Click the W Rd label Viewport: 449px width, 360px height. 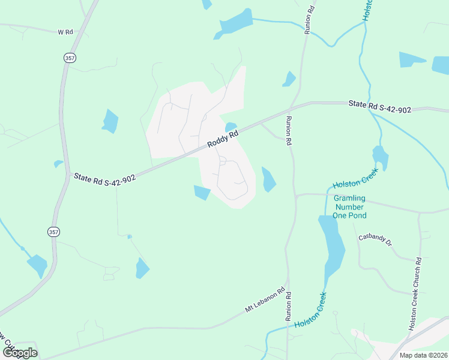coord(65,31)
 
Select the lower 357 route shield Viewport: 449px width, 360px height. coord(53,232)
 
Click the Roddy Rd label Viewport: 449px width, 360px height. coord(223,139)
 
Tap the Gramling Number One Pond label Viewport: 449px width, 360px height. coord(349,206)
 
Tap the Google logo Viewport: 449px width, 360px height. coord(19,352)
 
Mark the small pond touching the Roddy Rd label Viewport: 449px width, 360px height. coord(231,127)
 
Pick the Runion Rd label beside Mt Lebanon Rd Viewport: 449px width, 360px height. coord(288,305)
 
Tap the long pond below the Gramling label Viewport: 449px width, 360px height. coord(331,246)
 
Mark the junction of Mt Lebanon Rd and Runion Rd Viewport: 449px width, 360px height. coord(287,278)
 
